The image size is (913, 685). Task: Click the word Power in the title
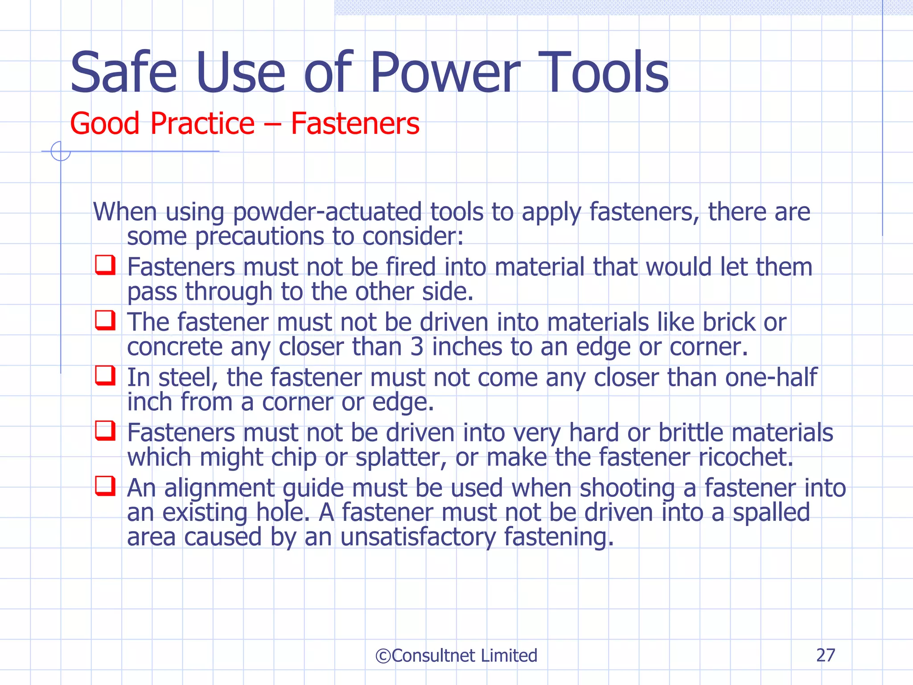(444, 73)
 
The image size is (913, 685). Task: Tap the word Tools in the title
(604, 73)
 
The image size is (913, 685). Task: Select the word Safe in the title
(123, 73)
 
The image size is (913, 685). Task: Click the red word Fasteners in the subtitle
(355, 124)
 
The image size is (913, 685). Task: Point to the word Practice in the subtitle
(202, 124)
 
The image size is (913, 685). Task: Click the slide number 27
(826, 655)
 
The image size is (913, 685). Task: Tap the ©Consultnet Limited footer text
(456, 656)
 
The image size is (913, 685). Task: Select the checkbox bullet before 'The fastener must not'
(106, 320)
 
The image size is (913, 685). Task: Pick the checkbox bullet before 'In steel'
(106, 376)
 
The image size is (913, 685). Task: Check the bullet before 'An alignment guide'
(106, 486)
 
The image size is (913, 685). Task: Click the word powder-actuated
(327, 212)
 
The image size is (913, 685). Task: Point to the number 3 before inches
(417, 347)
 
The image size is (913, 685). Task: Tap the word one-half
(771, 378)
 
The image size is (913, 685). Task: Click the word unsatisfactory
(418, 537)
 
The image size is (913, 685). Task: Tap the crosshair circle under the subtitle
(61, 151)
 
